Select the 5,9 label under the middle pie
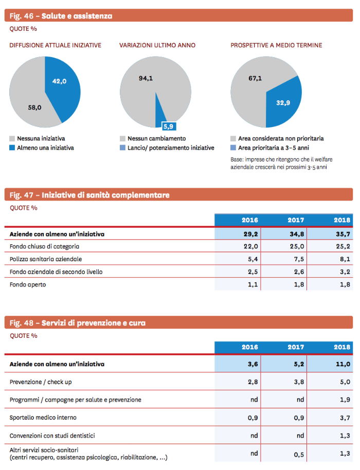point(169,126)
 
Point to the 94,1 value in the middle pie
point(146,78)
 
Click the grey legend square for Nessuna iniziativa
point(12,138)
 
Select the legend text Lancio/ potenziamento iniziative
point(171,148)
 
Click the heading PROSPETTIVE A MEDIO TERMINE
point(276,45)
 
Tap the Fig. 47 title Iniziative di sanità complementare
point(105,195)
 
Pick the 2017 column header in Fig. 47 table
point(296,220)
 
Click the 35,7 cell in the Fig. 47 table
point(343,234)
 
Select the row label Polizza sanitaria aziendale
point(46,259)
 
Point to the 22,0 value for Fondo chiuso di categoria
point(250,246)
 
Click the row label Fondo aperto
point(28,284)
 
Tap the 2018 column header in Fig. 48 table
point(342,347)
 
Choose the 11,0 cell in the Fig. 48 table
point(343,364)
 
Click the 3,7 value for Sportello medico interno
point(345,418)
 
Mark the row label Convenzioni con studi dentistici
point(52,436)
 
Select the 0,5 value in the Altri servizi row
point(299,455)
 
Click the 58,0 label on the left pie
point(35,107)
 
